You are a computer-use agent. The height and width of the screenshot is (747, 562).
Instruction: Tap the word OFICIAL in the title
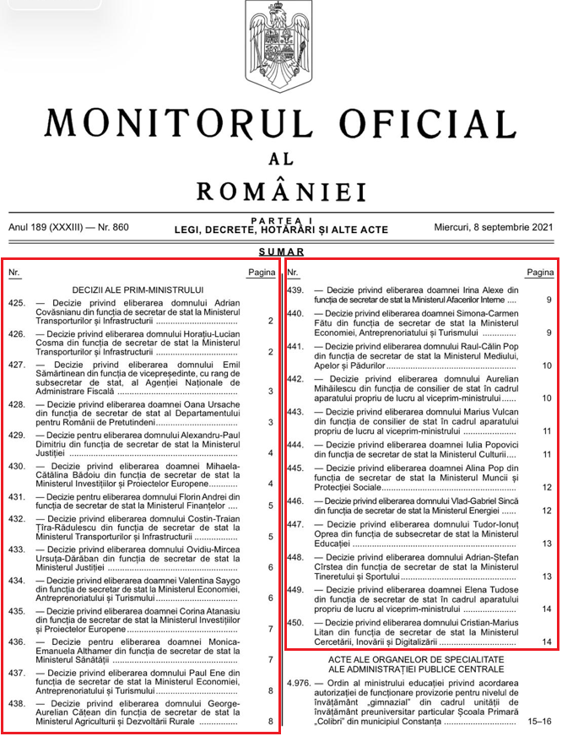tap(421, 123)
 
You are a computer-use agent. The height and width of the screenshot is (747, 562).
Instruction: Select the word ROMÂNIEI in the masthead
tap(281, 191)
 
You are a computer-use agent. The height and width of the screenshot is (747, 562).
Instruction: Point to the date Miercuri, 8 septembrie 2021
tap(494, 227)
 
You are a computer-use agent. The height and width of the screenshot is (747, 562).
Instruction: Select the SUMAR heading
tap(281, 252)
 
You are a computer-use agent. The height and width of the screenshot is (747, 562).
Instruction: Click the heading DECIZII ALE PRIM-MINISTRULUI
tap(138, 290)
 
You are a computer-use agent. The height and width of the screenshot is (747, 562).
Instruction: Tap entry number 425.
tap(16, 301)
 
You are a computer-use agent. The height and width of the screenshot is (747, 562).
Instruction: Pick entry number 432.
tap(16, 517)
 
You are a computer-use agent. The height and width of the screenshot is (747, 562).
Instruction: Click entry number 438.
tap(16, 702)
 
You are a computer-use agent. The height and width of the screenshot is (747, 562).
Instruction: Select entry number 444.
tap(295, 444)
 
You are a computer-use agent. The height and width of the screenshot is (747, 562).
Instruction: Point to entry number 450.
tap(295, 622)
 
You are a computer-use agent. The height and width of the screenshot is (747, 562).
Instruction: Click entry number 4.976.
tap(299, 681)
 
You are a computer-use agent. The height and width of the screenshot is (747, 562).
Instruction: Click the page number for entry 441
tap(548, 365)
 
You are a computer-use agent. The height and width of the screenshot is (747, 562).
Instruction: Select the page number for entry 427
tap(270, 391)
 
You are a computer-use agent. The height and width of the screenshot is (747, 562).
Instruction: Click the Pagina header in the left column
tap(262, 273)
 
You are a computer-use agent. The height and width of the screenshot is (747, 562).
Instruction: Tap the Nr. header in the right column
tap(294, 273)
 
